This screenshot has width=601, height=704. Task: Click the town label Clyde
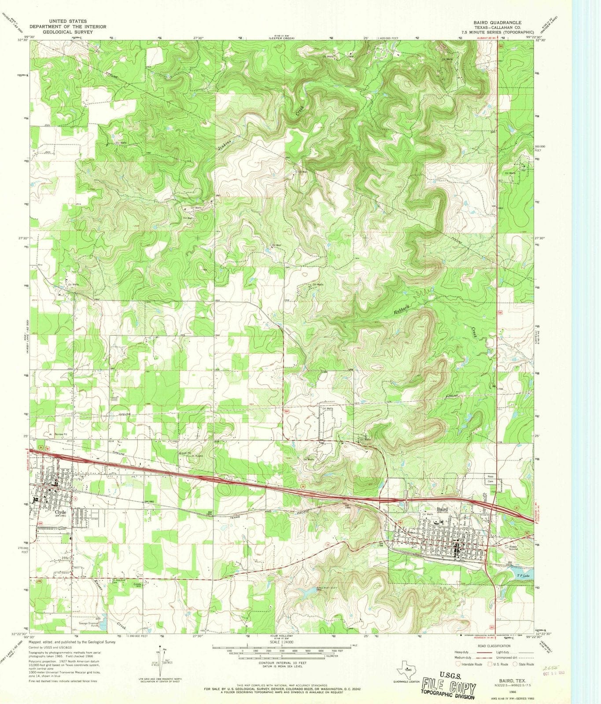[60, 512]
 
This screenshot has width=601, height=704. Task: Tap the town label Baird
[442, 510]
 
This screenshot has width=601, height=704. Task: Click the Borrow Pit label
[60, 434]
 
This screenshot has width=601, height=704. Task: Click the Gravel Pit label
[185, 452]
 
